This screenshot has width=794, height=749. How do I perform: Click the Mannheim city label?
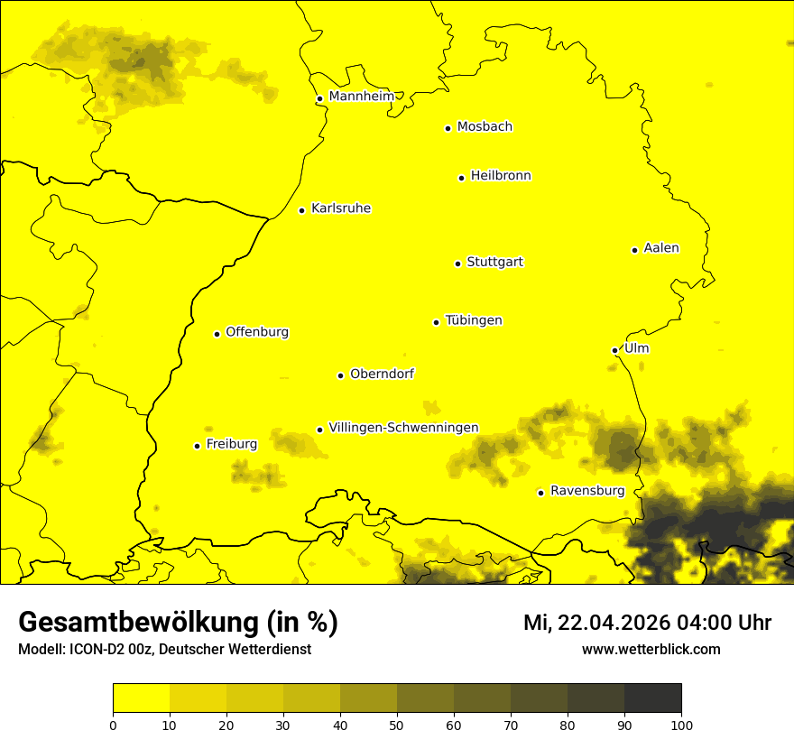[x=361, y=97]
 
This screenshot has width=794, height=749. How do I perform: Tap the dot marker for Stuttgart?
[x=457, y=264]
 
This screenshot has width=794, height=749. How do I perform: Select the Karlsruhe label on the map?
[x=340, y=208]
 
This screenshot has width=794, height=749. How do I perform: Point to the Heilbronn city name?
[x=501, y=176]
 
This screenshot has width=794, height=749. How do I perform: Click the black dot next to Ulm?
[x=614, y=350]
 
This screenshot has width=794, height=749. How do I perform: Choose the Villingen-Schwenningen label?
[x=403, y=428]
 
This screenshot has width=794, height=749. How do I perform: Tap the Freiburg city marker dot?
[x=197, y=446]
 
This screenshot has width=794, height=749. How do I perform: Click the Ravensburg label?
[x=586, y=491]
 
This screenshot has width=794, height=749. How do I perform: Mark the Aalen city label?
[x=660, y=248]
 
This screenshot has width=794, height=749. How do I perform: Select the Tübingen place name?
[x=474, y=320]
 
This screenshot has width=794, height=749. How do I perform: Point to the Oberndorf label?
[x=382, y=374]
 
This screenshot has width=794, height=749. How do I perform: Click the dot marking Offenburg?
[x=217, y=334]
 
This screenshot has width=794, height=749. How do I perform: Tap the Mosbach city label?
[x=485, y=127]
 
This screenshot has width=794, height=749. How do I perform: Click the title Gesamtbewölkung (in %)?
[x=178, y=623]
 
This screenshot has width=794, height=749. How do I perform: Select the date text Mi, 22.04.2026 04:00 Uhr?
[x=647, y=623]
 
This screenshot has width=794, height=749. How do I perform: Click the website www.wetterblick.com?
[x=651, y=650]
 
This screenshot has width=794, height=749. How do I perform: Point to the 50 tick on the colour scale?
[x=397, y=725]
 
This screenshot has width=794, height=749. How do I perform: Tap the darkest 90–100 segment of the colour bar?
[x=652, y=698]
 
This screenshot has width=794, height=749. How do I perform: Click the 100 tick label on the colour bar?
[x=681, y=725]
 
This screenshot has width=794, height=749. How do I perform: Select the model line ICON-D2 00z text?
[x=164, y=650]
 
